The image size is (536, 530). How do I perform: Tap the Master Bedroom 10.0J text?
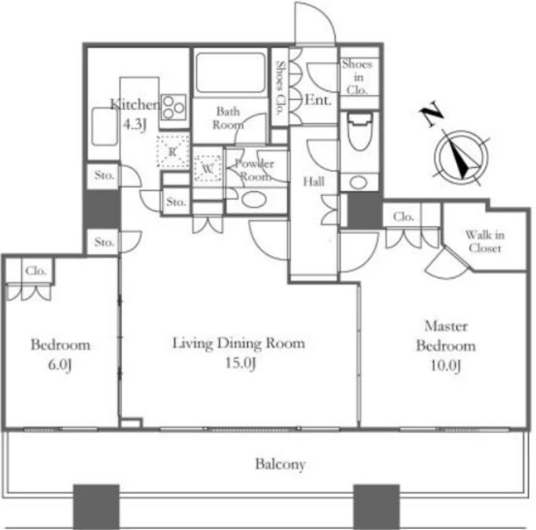446,346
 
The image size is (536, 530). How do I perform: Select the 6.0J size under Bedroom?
60,365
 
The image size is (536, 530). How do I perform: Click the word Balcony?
280,464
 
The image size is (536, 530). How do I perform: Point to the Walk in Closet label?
485,241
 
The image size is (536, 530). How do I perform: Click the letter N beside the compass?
432,114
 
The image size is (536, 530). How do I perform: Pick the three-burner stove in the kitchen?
173,108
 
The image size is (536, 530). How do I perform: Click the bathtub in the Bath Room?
231,73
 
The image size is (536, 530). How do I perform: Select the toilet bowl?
359,132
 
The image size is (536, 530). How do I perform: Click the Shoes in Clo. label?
357,77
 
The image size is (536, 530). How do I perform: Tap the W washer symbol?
208,169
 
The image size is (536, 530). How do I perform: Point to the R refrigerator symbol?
173,151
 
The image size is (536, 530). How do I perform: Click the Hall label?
314,182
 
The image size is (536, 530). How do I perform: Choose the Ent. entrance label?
318,100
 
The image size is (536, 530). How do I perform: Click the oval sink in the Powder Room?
254,200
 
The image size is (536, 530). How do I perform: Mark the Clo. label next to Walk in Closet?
403,216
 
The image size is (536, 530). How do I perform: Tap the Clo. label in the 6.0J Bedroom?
36,271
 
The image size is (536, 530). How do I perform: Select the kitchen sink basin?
104,126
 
